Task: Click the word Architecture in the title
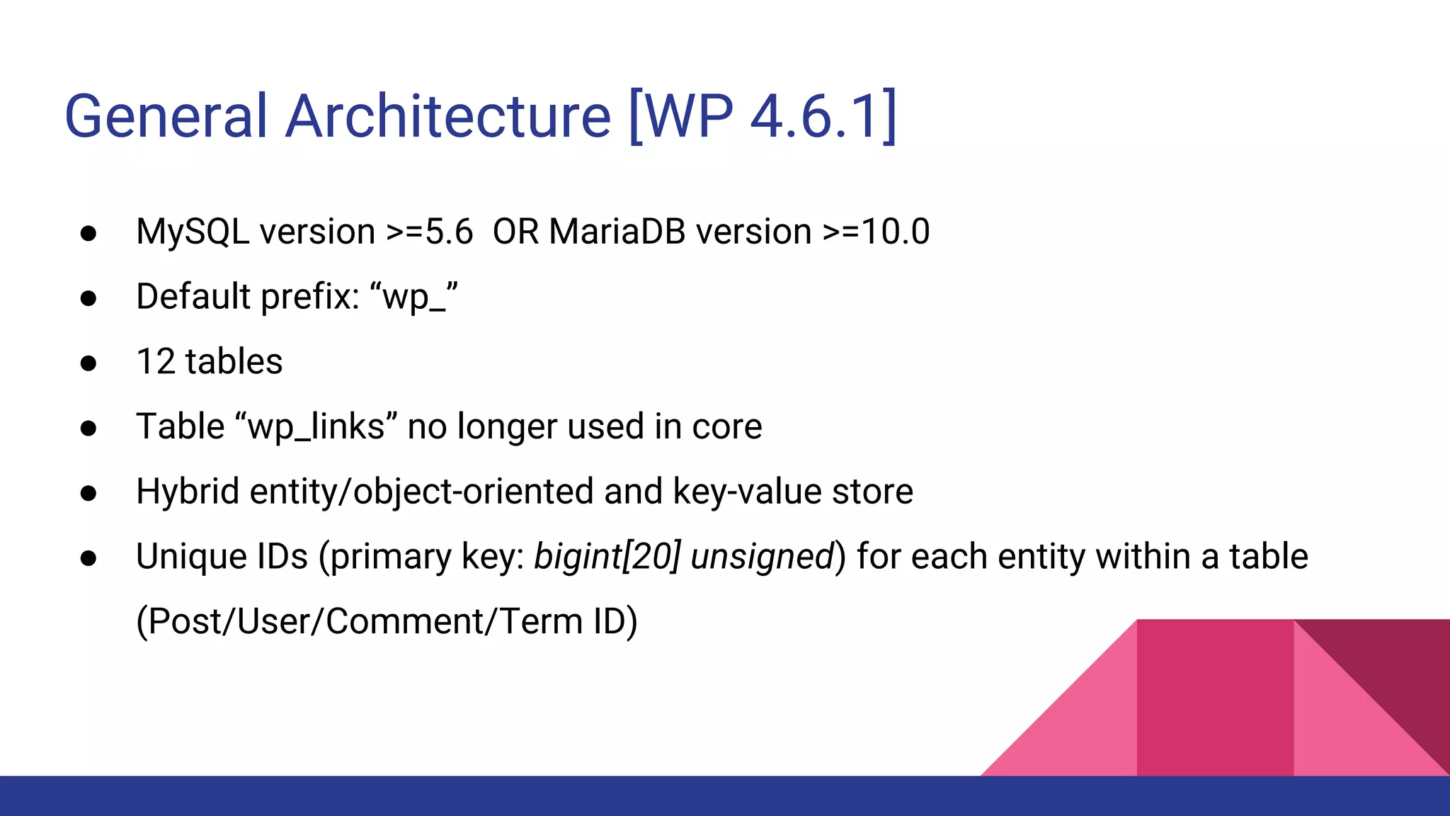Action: coord(447,116)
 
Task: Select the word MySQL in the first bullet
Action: coord(193,232)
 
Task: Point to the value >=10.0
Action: coord(876,232)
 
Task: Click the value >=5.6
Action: coord(429,232)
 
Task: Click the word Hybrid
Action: coord(188,492)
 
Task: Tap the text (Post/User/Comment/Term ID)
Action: coord(387,622)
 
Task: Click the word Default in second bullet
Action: coord(193,297)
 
